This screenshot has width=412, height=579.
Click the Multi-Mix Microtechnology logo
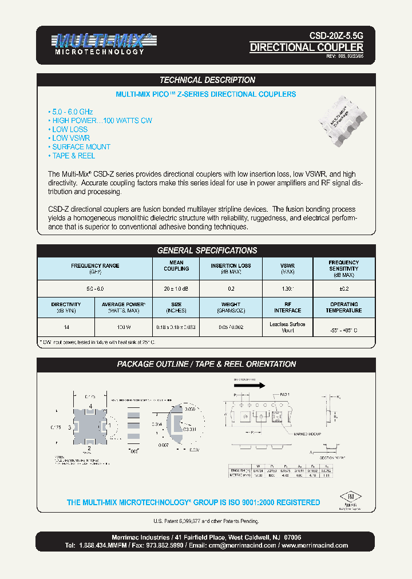[x=103, y=44]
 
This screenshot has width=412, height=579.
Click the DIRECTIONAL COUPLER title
[x=306, y=47]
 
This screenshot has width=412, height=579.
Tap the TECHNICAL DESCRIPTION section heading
[x=207, y=80]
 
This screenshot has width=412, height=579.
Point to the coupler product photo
[x=343, y=121]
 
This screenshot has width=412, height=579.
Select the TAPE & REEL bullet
[x=73, y=156]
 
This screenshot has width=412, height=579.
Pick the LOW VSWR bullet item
[x=70, y=138]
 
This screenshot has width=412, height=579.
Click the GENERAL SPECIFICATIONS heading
[x=207, y=251]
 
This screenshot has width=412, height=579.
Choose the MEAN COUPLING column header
[x=176, y=266]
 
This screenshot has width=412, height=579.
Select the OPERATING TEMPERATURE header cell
[x=344, y=307]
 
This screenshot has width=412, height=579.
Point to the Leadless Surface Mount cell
[x=287, y=327]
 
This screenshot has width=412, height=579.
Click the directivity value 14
[x=66, y=327]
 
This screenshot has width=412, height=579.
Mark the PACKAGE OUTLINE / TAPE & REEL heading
[x=207, y=364]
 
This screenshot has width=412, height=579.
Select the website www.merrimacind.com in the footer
[x=315, y=545]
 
